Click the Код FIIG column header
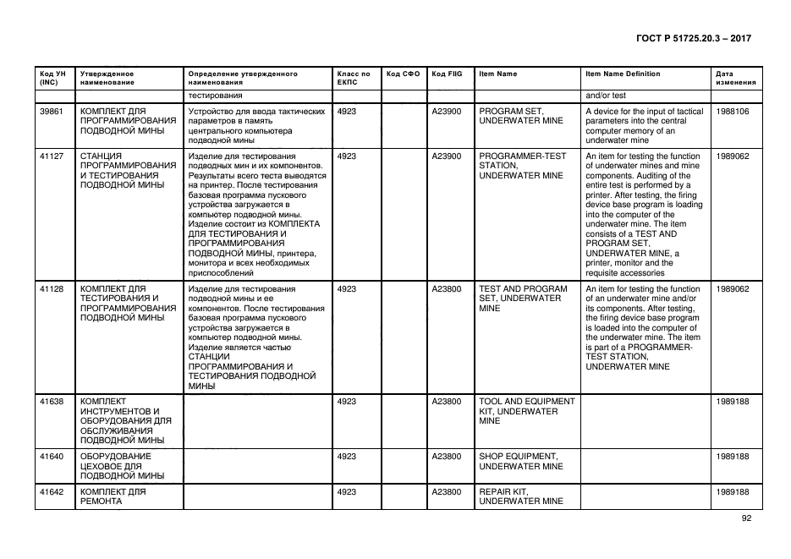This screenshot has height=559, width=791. pos(447,74)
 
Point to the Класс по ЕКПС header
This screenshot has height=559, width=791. pos(354,78)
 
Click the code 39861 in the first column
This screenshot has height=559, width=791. pos(51,112)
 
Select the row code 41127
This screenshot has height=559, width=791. pos(51,156)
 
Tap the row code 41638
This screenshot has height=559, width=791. pos(51,402)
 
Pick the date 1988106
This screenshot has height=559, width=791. pos(732,112)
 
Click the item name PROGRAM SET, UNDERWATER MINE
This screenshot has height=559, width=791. pos(520,117)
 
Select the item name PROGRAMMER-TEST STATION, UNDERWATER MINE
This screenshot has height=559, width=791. pos(522,166)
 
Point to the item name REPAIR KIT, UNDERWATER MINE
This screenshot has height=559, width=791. pos(520,496)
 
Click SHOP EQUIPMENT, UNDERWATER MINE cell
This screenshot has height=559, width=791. pos(520,461)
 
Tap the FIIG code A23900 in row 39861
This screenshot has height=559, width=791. pos(447,112)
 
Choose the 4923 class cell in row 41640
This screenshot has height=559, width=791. pos(346,457)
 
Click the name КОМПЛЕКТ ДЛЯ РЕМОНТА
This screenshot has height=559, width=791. pos(113,496)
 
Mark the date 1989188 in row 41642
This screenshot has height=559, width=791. pos(732,491)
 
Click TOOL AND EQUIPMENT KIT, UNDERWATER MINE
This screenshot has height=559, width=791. pos(526,411)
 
